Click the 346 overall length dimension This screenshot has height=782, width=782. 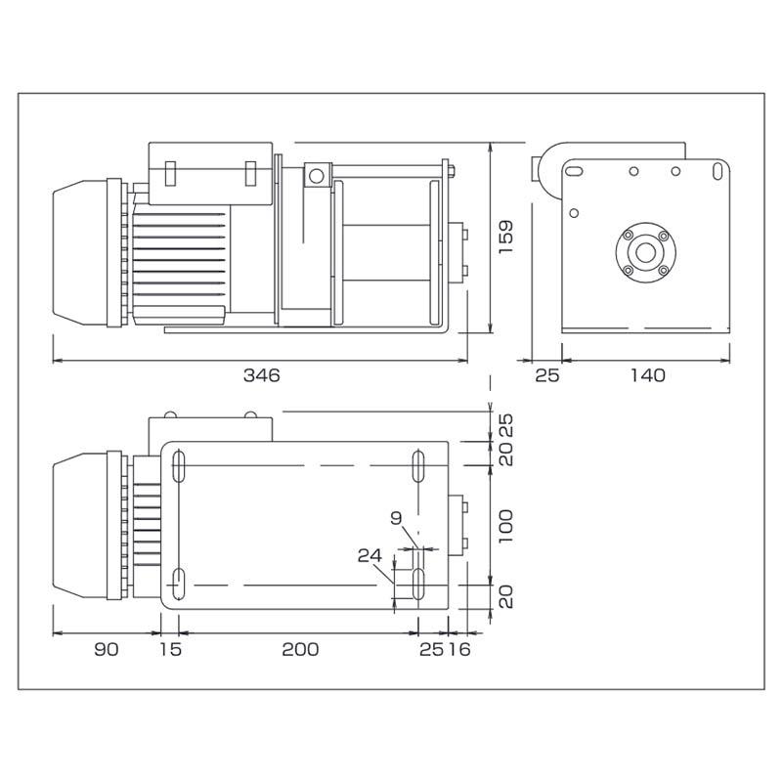tap(262, 375)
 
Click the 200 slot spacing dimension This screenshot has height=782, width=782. tap(298, 649)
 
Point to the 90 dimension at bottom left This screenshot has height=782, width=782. tap(107, 649)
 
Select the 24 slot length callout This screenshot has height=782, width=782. tap(369, 554)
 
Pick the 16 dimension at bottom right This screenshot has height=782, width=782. tap(459, 649)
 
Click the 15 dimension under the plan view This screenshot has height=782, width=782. tap(169, 649)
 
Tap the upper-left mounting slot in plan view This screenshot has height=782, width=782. tap(180, 465)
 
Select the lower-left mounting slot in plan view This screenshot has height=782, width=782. tap(180, 585)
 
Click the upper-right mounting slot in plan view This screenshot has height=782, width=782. tap(418, 465)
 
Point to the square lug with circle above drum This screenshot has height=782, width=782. tap(315, 176)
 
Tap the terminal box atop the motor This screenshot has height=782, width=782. tap(209, 173)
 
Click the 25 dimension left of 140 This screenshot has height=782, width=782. tap(547, 375)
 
